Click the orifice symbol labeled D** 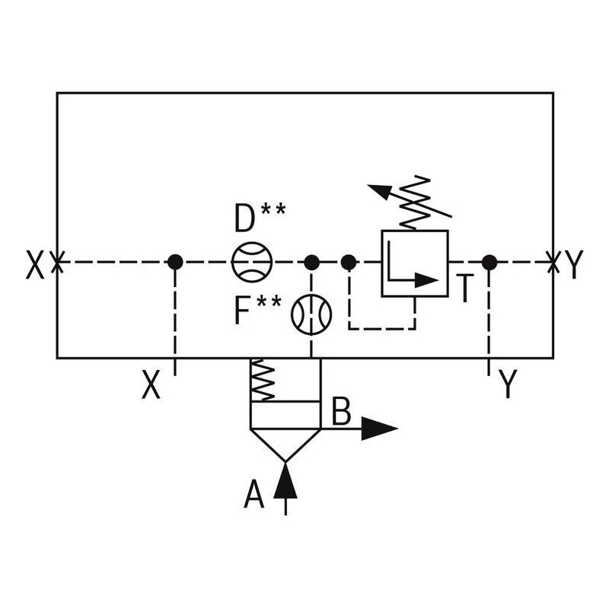click(252, 263)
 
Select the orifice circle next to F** click(311, 314)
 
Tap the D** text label click(260, 218)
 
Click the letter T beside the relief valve click(465, 289)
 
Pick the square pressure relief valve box click(414, 263)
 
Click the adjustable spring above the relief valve click(415, 202)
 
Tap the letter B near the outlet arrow click(341, 412)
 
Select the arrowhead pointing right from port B click(378, 429)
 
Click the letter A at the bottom click(253, 496)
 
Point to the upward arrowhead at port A click(285, 480)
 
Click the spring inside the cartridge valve click(263, 380)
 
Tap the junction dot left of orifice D click(175, 263)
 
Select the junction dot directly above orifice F click(311, 263)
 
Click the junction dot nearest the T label click(489, 263)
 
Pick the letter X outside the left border click(35, 266)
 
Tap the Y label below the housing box click(508, 385)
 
